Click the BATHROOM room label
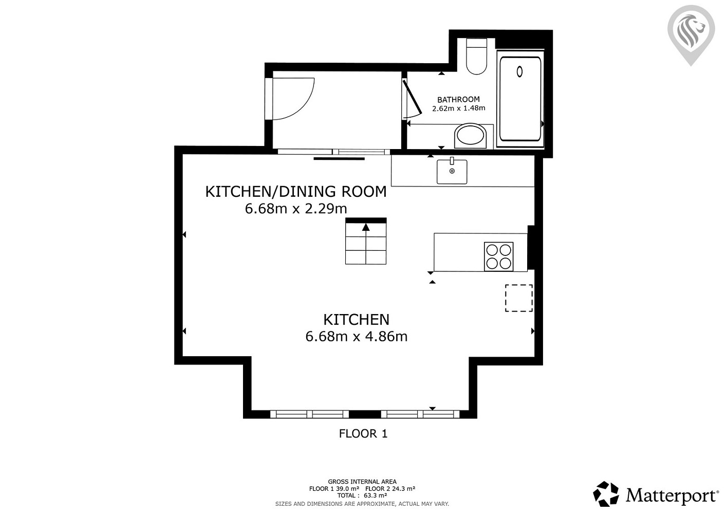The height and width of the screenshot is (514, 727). coord(458,99)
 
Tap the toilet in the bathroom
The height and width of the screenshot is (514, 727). coord(476,57)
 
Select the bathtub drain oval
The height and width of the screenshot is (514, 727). coord(519,71)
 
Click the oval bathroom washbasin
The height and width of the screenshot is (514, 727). coord(471,136)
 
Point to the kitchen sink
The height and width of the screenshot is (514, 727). coord(452,172)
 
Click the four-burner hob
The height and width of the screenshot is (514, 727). coord(498,256)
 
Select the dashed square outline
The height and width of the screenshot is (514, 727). coord(518,298)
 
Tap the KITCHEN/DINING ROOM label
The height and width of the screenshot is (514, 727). coord(296,192)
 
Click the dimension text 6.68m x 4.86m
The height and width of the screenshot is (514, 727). coord(357,336)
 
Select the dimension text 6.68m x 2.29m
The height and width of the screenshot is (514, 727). coord(296,209)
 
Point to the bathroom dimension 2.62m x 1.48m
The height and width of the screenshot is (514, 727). coord(459,108)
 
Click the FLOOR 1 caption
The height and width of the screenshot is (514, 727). coord(363,433)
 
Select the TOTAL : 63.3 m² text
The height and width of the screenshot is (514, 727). coord(362,495)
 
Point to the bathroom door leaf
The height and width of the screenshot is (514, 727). coord(412,97)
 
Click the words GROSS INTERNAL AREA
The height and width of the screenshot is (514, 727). coord(362,482)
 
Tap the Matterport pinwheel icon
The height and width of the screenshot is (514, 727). coord(606,494)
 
